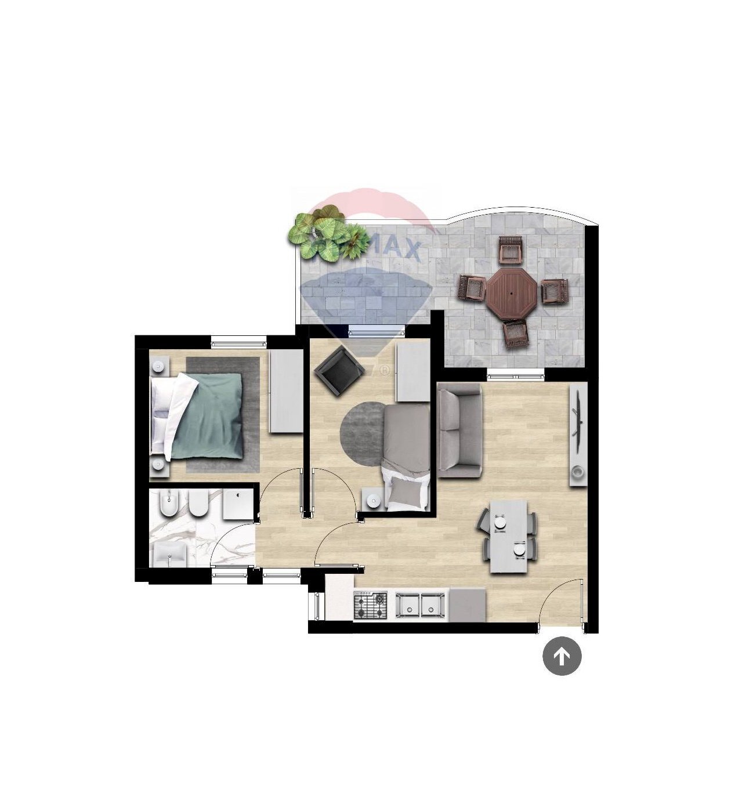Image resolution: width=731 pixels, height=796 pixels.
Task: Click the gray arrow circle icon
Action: coord(562,656)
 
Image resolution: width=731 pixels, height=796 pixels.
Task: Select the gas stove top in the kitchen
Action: coord(371,606)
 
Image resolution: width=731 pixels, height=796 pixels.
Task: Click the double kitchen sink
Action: coord(420,605)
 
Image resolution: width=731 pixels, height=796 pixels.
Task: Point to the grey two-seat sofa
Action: coord(459,430)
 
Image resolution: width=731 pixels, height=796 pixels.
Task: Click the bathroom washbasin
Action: coord(168,555)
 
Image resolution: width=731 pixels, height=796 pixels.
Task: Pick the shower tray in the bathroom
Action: coord(238,504)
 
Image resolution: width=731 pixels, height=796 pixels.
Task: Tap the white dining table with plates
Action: coord(509,537)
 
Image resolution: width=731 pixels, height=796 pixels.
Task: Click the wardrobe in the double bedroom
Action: coord(286,392)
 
